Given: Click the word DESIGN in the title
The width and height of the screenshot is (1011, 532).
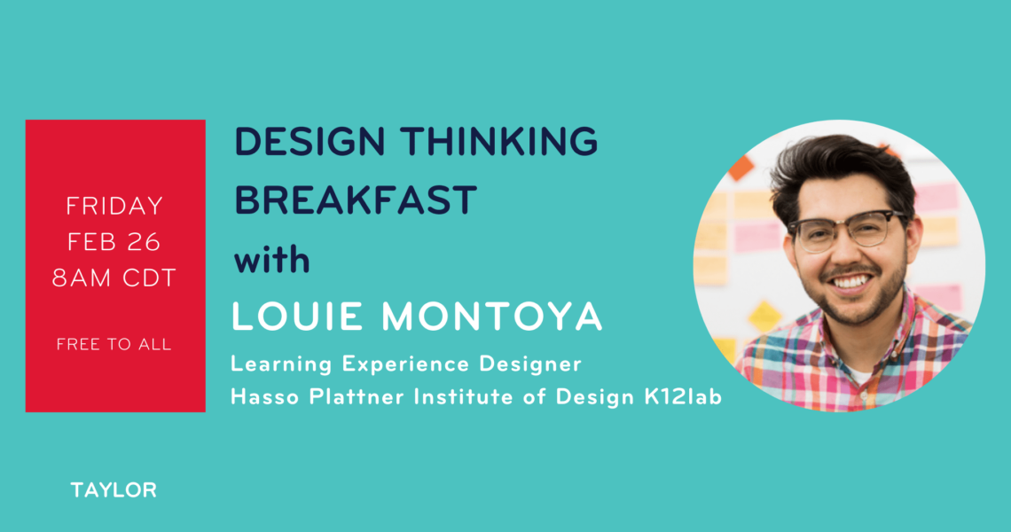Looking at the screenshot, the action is point(310,141).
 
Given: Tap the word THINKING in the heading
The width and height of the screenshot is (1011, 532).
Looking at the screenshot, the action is point(499,141).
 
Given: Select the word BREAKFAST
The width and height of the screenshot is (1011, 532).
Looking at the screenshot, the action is point(356,199).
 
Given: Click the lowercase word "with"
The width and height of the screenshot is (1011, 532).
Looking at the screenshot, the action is point(271,259).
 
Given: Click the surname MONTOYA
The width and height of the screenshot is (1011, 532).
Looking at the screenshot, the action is point(491,317).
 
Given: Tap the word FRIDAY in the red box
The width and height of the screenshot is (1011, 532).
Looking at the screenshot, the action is point(114,207).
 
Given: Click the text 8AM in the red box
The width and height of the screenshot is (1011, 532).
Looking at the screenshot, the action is point(78,278).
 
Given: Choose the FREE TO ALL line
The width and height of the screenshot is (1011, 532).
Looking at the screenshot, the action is point(114,344).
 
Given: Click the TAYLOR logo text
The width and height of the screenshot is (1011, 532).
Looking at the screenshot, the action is point(114,490).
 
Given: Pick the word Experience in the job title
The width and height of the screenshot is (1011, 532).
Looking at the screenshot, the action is point(405,365).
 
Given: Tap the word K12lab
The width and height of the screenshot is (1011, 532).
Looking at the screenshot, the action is point(683,396).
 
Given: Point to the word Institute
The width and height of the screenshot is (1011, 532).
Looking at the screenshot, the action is point(464,396).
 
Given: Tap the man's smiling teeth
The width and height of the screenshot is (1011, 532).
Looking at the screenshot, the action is point(850,282).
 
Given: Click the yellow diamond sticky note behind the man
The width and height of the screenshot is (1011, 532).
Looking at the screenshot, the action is point(764,317).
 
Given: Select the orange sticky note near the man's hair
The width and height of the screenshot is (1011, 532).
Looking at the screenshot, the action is point(741,169).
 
